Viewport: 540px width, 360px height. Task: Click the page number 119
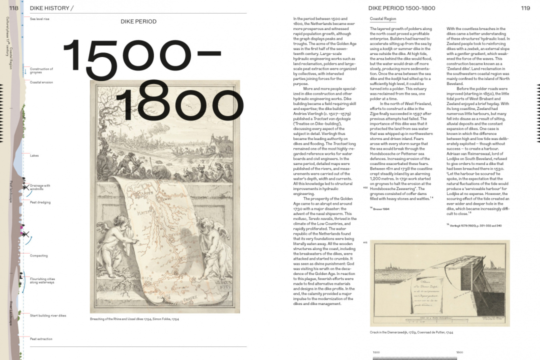coord(525,8)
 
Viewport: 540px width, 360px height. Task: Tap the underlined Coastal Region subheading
coord(383,19)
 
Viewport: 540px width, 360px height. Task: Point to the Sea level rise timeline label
coord(39,19)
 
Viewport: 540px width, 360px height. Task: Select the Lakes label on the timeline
coord(34,155)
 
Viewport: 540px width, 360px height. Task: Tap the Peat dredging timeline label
coord(40,202)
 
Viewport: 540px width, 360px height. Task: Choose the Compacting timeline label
coord(39,255)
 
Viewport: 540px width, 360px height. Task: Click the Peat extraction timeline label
coord(41,339)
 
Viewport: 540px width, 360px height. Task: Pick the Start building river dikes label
coord(48,315)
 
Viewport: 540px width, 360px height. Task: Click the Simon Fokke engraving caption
coord(134,318)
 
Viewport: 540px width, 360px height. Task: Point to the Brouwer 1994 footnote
coord(380,208)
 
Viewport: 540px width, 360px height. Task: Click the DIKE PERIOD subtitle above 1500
coord(138,21)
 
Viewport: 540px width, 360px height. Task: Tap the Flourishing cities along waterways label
coord(42,280)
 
